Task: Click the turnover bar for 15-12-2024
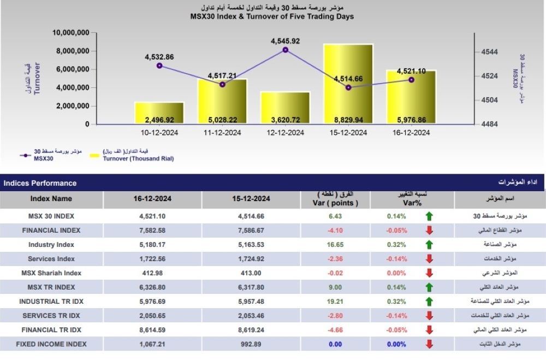pos(348,84)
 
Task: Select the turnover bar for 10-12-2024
pos(159,113)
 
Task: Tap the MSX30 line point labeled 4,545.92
pos(286,50)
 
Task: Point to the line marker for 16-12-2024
pos(411,80)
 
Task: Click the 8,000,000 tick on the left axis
pos(73,51)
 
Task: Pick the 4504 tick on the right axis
pos(489,100)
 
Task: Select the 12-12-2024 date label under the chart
pos(285,133)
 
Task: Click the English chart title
pos(272,16)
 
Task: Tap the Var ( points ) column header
pos(335,203)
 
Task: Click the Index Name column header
pos(51,199)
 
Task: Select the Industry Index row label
pos(51,245)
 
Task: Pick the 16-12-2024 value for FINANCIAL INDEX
pos(152,231)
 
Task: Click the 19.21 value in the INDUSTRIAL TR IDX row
pos(335,302)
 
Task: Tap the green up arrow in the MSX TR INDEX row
pos(429,287)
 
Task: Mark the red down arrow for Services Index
pos(429,259)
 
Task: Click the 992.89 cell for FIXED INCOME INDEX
pos(251,344)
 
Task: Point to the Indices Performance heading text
pos(40,184)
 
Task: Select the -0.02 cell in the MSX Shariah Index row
pos(335,273)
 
